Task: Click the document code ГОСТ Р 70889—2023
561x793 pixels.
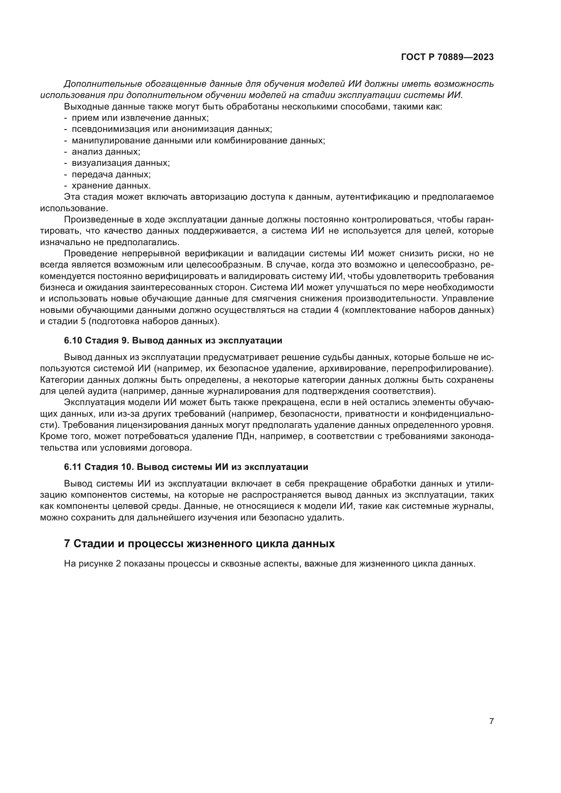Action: point(447,57)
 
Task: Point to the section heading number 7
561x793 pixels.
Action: point(67,543)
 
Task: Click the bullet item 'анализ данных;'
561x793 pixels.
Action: point(106,152)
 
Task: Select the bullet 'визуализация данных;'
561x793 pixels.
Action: point(120,163)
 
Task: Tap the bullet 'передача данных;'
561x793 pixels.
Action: point(111,174)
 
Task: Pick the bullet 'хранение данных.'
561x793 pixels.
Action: point(111,186)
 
